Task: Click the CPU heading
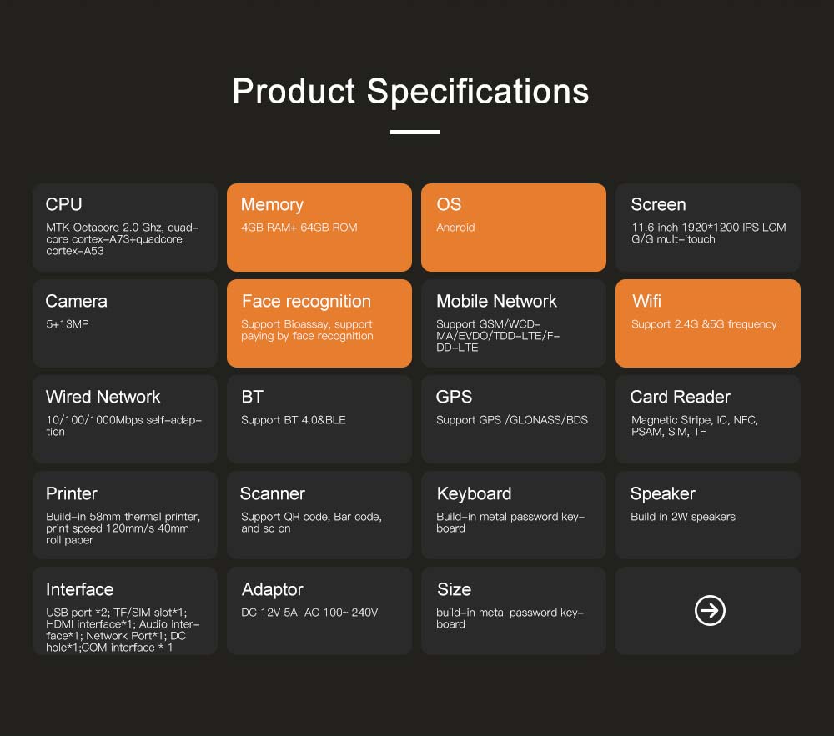[64, 204]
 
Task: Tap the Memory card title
[272, 205]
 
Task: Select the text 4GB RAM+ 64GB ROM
[299, 228]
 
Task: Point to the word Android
[455, 228]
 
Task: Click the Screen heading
[658, 204]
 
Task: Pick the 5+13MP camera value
[67, 324]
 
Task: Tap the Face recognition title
[306, 301]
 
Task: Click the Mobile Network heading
[496, 301]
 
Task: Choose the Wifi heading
[646, 301]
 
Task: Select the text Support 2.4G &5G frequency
[704, 324]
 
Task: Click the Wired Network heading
[103, 397]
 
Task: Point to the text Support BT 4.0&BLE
[293, 420]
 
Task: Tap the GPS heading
[454, 397]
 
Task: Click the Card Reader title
[681, 397]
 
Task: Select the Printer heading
[71, 493]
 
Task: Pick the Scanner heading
[273, 493]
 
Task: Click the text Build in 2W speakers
[683, 517]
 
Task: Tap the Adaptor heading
[273, 590]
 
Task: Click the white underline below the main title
[414, 132]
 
